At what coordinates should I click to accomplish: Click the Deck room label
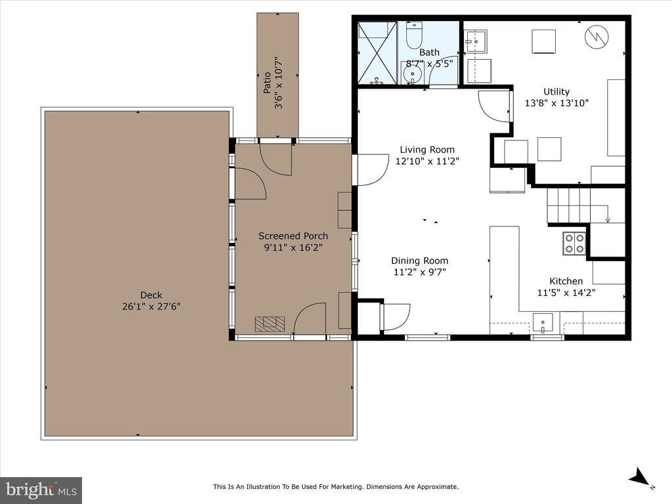coord(150,295)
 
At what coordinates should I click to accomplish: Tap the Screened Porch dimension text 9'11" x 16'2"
coord(293,247)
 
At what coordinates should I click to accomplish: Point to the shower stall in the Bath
coord(377,52)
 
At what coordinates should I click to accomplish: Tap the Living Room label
coord(425,150)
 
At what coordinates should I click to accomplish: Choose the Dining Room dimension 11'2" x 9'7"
coord(419,272)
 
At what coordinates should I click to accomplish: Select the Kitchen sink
coord(543,322)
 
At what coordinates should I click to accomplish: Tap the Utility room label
coord(556,92)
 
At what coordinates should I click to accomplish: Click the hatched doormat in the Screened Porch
coord(270,324)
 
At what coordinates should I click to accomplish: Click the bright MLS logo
coord(41,490)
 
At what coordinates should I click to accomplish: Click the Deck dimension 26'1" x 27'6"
coord(150,306)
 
